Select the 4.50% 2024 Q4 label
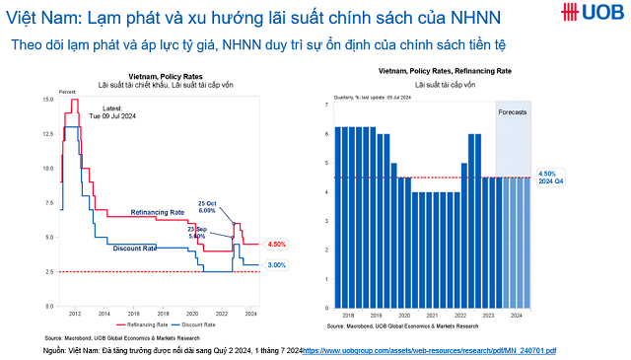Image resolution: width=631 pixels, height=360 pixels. pos(550,178)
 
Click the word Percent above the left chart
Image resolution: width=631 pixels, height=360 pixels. pos(68,91)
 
